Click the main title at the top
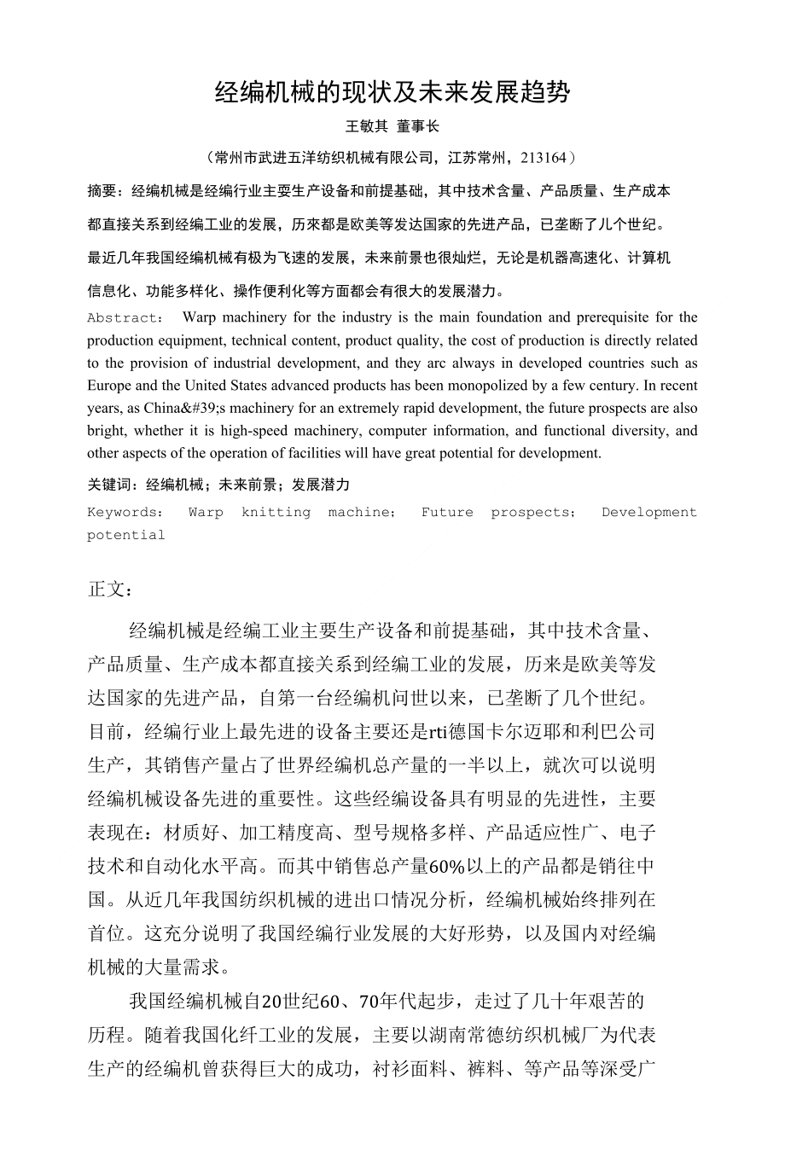pos(392,92)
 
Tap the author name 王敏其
pos(365,126)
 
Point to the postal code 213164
pos(543,158)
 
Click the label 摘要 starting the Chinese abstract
pos(102,191)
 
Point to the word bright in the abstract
pos(106,431)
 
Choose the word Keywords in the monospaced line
pos(123,513)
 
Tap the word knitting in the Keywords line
pos(276,513)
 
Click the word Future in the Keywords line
pos(446,513)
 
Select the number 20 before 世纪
pos(270,1001)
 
